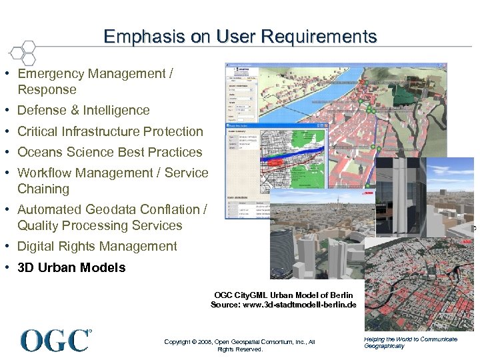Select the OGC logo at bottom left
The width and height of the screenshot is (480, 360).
coord(55,340)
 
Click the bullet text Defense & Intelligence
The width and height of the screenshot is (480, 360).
coord(83,111)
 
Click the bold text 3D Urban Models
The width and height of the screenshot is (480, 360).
coord(71,267)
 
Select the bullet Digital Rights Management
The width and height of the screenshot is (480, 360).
coord(97,247)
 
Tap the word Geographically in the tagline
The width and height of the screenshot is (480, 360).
coord(384,346)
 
